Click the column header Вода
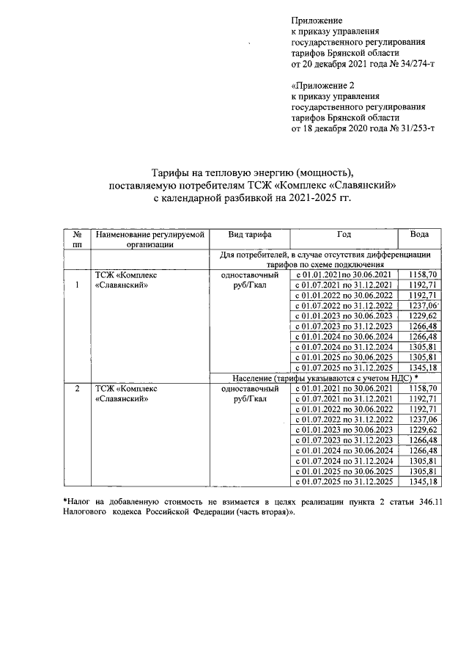coord(420,234)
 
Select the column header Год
coord(344,234)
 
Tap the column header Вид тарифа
coord(249,234)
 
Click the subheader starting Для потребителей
coord(325,259)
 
